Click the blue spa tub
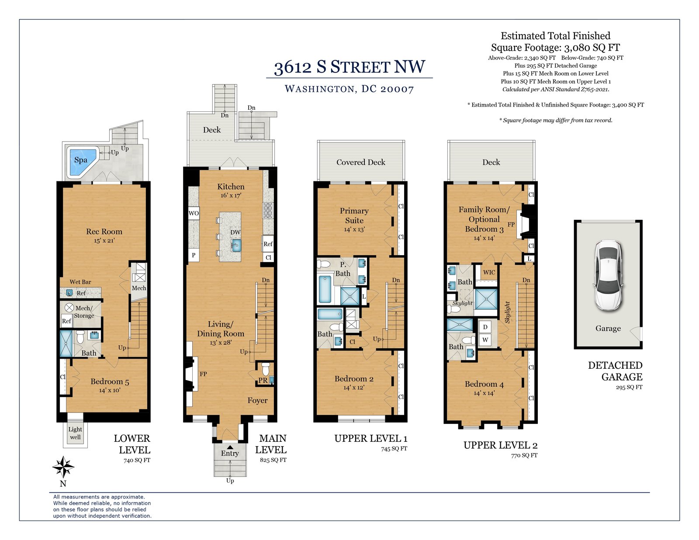point(81,162)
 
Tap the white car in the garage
point(608,276)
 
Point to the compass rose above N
point(63,467)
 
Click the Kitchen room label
point(231,187)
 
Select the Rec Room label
point(104,231)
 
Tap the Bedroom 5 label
point(110,381)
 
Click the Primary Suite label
point(354,215)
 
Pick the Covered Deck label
point(360,162)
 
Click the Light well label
point(75,433)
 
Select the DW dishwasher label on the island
point(235,232)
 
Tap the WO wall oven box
point(194,213)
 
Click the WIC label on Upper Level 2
point(489,273)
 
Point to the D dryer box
point(485,327)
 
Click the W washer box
point(485,339)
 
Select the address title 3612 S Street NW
point(349,67)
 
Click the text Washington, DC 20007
point(349,89)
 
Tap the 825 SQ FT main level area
point(273,460)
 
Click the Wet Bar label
point(80,282)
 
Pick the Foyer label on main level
point(257,401)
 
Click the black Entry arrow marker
point(230,447)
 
